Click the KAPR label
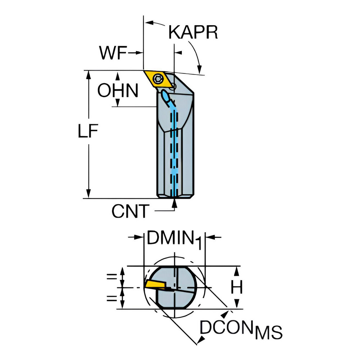point(193,32)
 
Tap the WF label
point(113,53)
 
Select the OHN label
point(118,90)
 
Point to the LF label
point(88,131)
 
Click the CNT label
point(130,211)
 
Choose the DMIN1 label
point(174,239)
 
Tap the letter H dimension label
point(237,287)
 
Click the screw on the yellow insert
point(158,79)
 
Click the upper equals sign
point(112,277)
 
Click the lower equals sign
point(112,298)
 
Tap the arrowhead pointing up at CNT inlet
point(175,203)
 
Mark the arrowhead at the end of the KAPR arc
point(199,69)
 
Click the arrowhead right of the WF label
point(139,53)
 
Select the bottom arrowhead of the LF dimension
point(89,193)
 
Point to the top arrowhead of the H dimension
point(237,271)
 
